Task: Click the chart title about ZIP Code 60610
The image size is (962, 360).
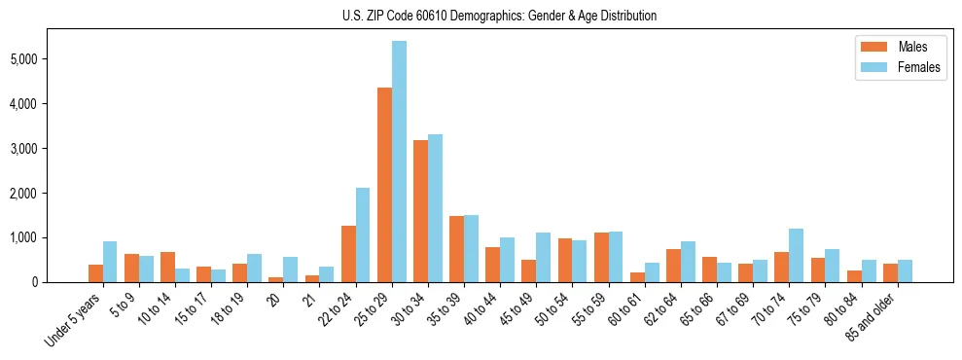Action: (x=499, y=16)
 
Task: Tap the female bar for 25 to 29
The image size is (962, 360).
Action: (x=399, y=162)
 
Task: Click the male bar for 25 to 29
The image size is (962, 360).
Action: (x=384, y=185)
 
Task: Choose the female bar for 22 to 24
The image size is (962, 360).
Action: (x=363, y=234)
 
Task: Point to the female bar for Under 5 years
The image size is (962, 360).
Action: (x=110, y=262)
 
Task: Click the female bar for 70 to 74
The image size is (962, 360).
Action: (x=796, y=255)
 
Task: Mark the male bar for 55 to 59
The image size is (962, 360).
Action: (x=601, y=257)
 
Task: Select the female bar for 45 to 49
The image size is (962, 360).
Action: (x=543, y=257)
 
